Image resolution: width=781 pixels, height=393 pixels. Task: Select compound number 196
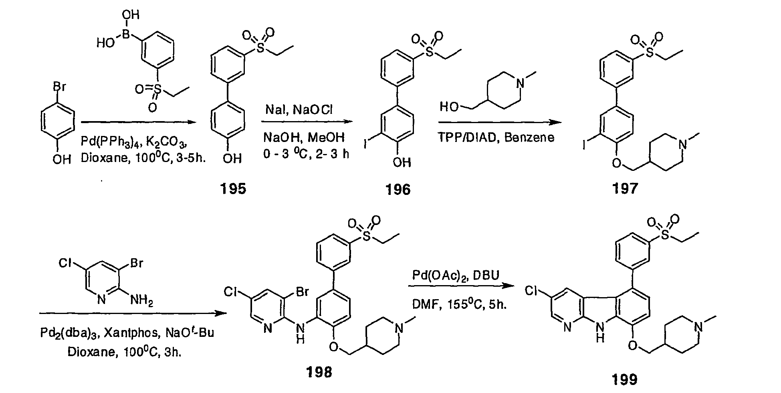[398, 189]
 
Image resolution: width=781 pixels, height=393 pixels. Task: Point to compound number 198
[319, 372]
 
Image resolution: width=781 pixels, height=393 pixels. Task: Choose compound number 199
[625, 379]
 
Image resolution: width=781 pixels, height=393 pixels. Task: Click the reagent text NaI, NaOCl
[298, 109]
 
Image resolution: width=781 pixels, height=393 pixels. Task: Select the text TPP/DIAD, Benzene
[496, 138]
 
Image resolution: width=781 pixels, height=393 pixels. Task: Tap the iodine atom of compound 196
[366, 144]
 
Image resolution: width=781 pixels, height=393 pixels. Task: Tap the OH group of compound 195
[232, 159]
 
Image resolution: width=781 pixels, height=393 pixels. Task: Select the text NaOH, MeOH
[304, 138]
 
